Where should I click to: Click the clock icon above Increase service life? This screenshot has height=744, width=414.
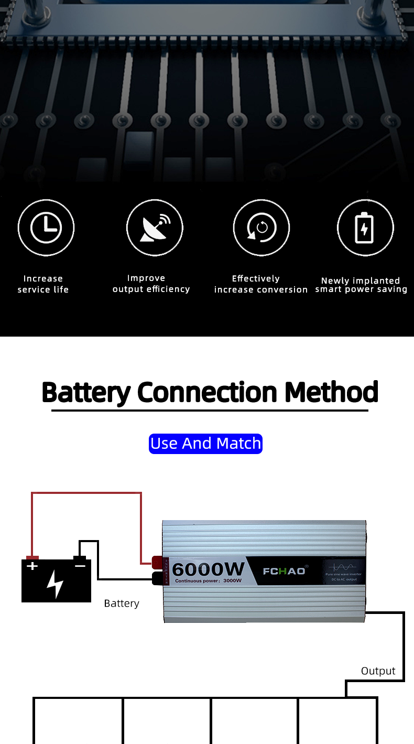[46, 228]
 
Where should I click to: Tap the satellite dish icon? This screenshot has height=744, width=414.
[155, 228]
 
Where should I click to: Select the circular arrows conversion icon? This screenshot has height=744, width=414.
[261, 228]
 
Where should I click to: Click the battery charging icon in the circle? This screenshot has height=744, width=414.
[365, 228]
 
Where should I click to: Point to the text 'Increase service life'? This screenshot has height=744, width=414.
[43, 284]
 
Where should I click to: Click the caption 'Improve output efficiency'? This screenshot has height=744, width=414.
[151, 284]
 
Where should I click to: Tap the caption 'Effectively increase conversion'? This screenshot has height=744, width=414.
[260, 284]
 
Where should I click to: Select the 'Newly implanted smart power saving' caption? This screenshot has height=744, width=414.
[361, 285]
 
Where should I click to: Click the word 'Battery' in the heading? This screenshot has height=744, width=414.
[86, 392]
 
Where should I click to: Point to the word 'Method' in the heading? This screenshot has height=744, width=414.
[331, 392]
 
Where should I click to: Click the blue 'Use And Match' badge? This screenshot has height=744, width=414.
[205, 444]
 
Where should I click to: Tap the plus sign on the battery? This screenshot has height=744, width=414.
[32, 566]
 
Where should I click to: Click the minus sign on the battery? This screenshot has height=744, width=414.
[80, 566]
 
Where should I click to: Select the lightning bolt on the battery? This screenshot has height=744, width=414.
[55, 584]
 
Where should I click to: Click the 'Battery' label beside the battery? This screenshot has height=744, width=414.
[122, 603]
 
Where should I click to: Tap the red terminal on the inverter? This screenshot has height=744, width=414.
[157, 563]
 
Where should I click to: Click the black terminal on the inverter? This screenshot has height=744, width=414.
[157, 578]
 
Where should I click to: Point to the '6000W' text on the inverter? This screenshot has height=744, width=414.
[209, 569]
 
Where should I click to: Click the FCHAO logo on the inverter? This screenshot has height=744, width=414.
[284, 570]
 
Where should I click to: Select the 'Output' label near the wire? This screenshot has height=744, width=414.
[378, 671]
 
